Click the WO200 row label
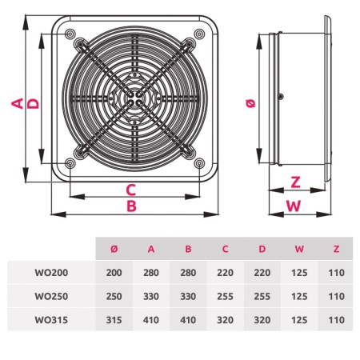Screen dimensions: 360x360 (x=51, y=273)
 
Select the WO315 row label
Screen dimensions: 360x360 (x=51, y=320)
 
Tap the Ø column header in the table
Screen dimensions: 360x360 (x=114, y=249)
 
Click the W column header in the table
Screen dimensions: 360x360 (x=299, y=249)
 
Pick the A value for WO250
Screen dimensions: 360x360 (x=151, y=296)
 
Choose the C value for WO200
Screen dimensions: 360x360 (x=225, y=273)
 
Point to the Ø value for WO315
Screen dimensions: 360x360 (x=114, y=320)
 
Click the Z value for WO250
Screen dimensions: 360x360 (x=336, y=296)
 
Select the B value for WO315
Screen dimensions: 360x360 (x=188, y=320)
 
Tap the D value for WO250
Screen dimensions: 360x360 (x=262, y=296)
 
